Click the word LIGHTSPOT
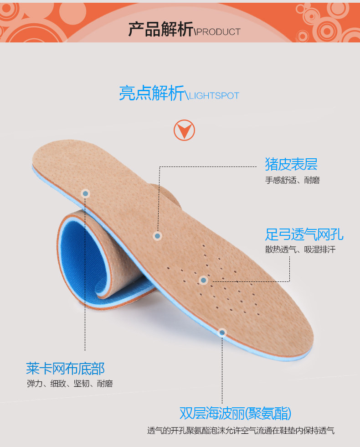click(x=214, y=96)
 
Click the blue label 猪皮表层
click(x=291, y=164)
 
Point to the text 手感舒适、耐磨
click(x=292, y=180)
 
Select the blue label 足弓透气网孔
click(x=304, y=234)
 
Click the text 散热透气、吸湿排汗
click(x=300, y=250)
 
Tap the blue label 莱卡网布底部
click(x=65, y=368)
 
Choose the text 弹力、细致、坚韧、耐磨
click(x=69, y=384)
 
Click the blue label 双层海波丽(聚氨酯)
click(x=235, y=413)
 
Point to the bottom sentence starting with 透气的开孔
click(x=241, y=431)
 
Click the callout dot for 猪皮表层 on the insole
click(x=157, y=236)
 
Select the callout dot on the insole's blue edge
click(x=222, y=333)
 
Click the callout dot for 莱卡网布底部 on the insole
click(x=85, y=193)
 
